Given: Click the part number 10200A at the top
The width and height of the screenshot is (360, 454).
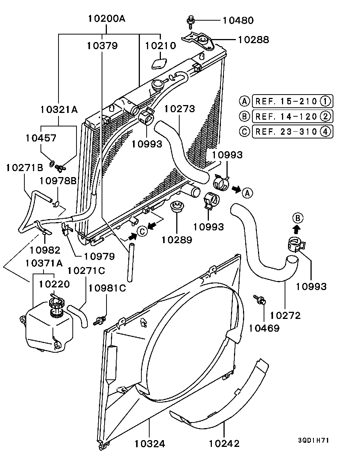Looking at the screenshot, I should pos(107,18).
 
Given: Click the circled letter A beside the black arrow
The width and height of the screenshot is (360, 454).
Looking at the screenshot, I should pos(247,193).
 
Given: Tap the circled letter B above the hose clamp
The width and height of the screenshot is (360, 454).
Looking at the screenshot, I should pos(297,218).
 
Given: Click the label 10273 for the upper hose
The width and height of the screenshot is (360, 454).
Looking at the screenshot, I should pos(180,109).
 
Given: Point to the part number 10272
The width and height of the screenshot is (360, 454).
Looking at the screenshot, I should pos(285,316).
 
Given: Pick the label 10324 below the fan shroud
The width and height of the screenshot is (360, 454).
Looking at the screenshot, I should pos(150,443).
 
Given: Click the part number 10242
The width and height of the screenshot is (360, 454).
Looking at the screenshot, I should pos(224,443).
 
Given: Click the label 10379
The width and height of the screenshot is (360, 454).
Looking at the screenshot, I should pos(102,46).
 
